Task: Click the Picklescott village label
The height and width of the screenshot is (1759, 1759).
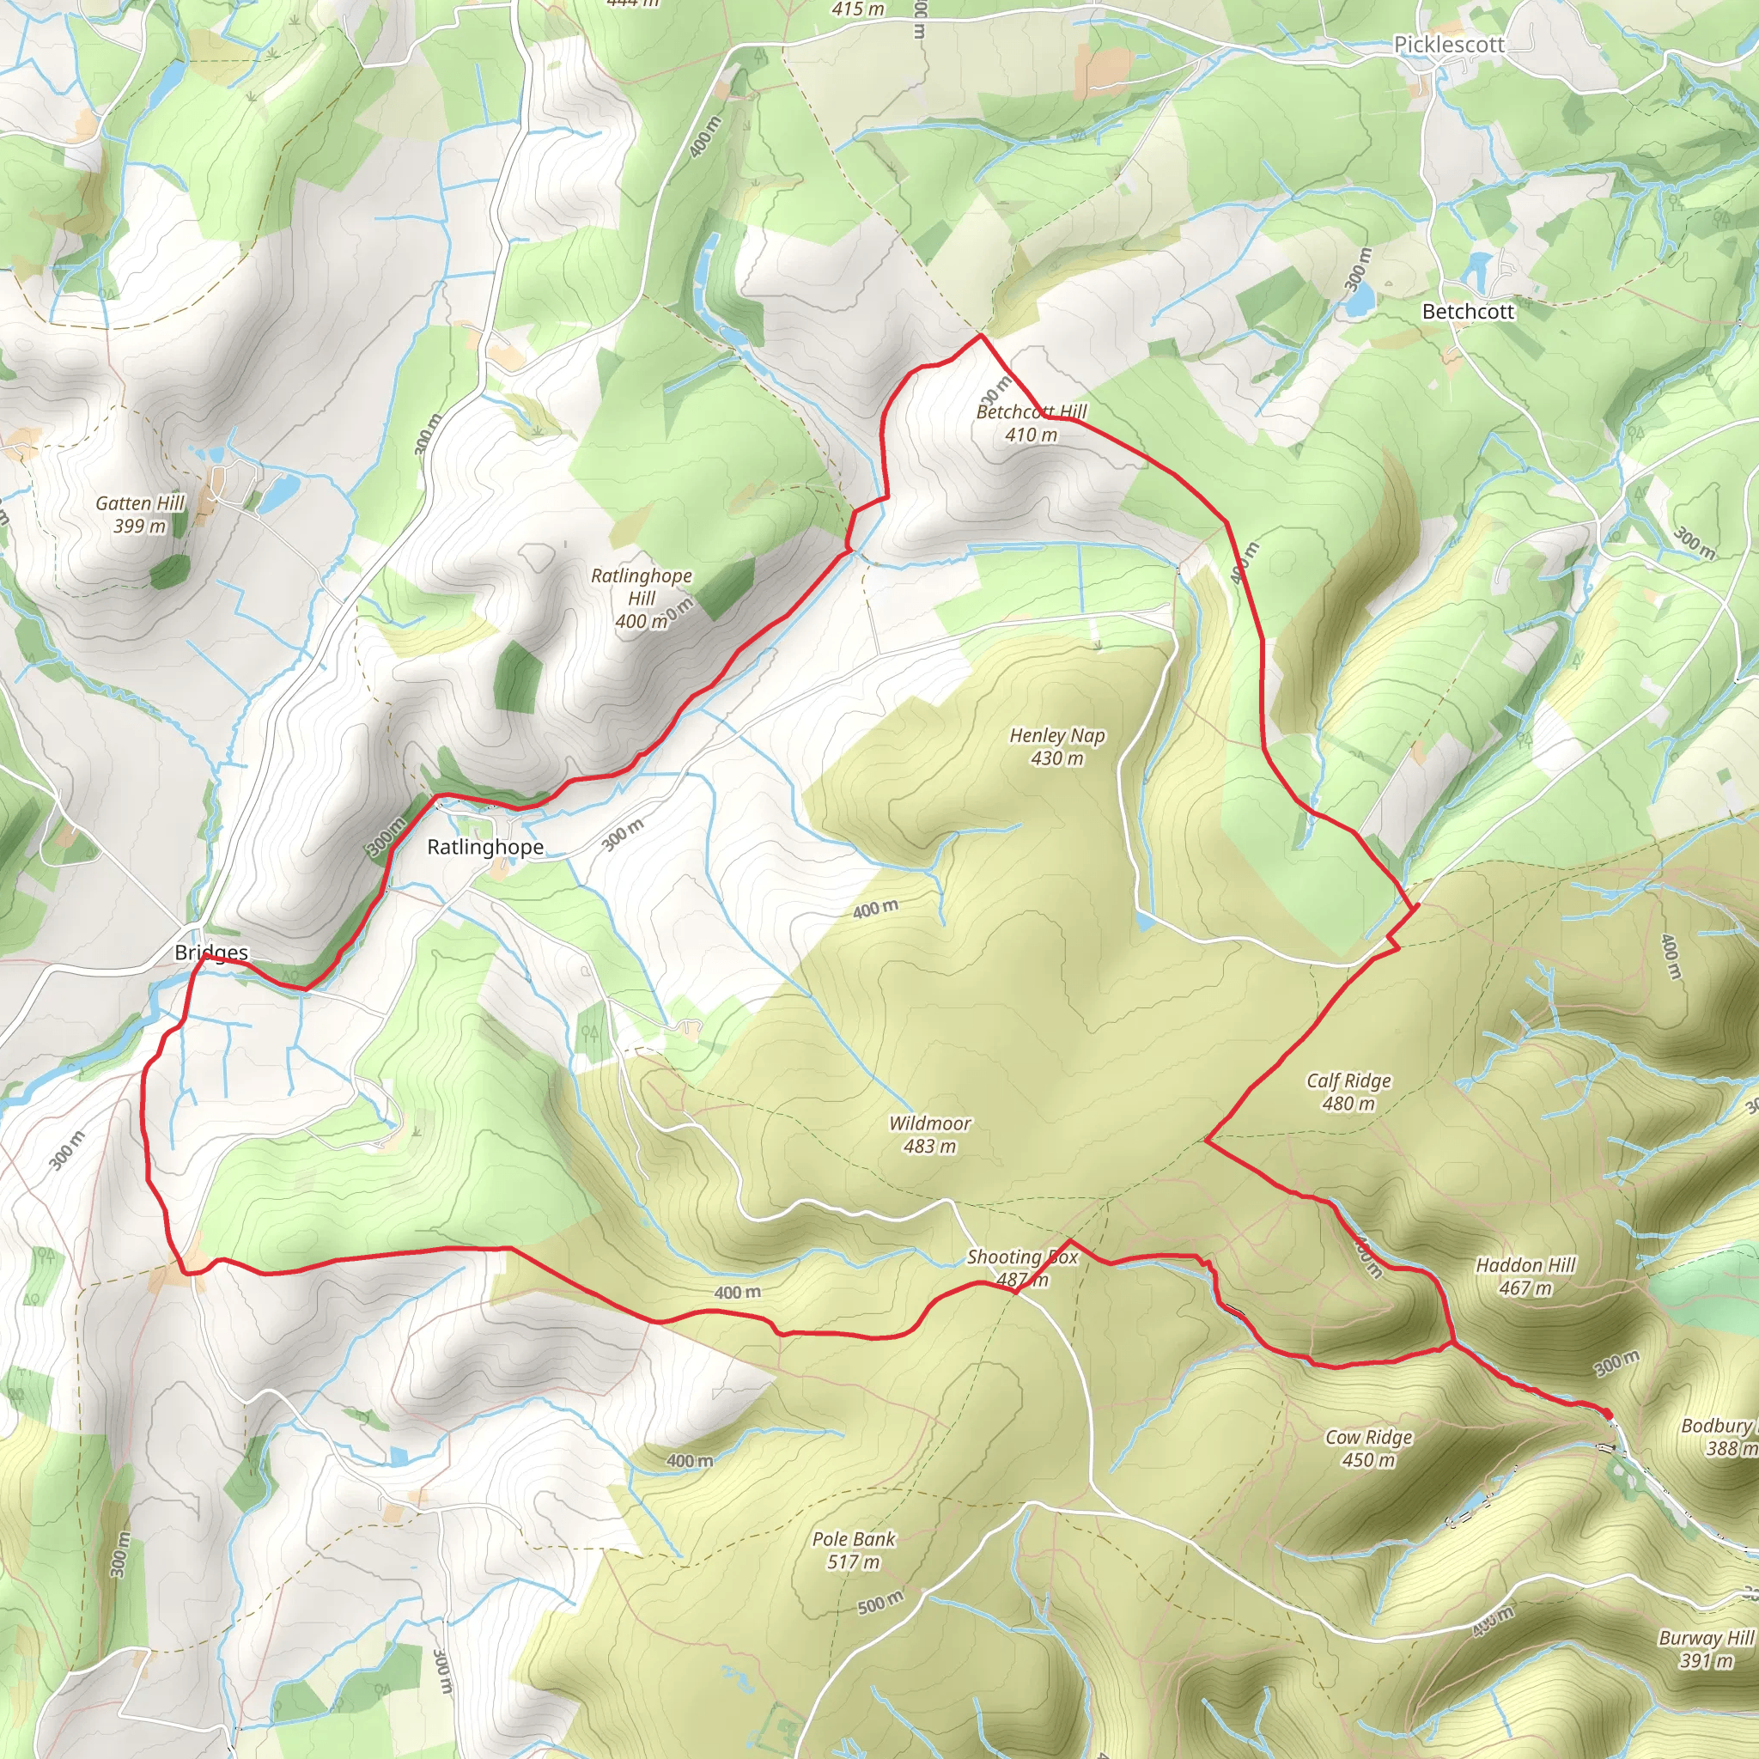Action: pyautogui.click(x=1449, y=45)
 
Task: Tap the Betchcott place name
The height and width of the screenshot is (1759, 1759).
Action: pyautogui.click(x=1468, y=312)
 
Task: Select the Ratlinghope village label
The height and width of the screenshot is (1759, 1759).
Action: pyautogui.click(x=485, y=847)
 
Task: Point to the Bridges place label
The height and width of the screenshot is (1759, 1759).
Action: pyautogui.click(x=211, y=953)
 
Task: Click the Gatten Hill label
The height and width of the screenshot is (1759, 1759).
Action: pyautogui.click(x=140, y=503)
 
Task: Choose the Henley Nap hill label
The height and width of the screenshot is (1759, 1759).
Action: pyautogui.click(x=1057, y=736)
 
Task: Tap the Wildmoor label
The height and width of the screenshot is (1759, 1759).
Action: pyautogui.click(x=929, y=1123)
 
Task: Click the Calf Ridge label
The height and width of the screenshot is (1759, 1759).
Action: pyautogui.click(x=1348, y=1080)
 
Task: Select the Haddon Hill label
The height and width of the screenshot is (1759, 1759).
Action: pyautogui.click(x=1525, y=1264)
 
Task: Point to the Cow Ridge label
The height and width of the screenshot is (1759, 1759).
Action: pyautogui.click(x=1368, y=1437)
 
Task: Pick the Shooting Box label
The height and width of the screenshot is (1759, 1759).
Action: pyautogui.click(x=1021, y=1257)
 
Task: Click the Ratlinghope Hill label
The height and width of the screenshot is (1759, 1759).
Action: pyautogui.click(x=641, y=587)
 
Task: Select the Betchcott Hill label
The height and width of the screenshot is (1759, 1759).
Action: pyautogui.click(x=1032, y=411)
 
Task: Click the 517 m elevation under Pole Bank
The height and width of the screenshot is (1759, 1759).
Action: pyautogui.click(x=854, y=1562)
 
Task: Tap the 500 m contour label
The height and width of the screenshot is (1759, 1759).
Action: pyautogui.click(x=880, y=1602)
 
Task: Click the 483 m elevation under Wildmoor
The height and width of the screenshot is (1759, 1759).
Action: pyautogui.click(x=929, y=1147)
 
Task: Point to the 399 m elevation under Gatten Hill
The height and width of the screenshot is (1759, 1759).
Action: pyautogui.click(x=140, y=526)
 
